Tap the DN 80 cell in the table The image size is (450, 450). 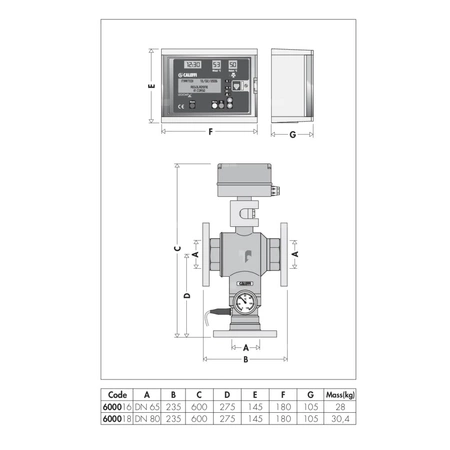147,419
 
